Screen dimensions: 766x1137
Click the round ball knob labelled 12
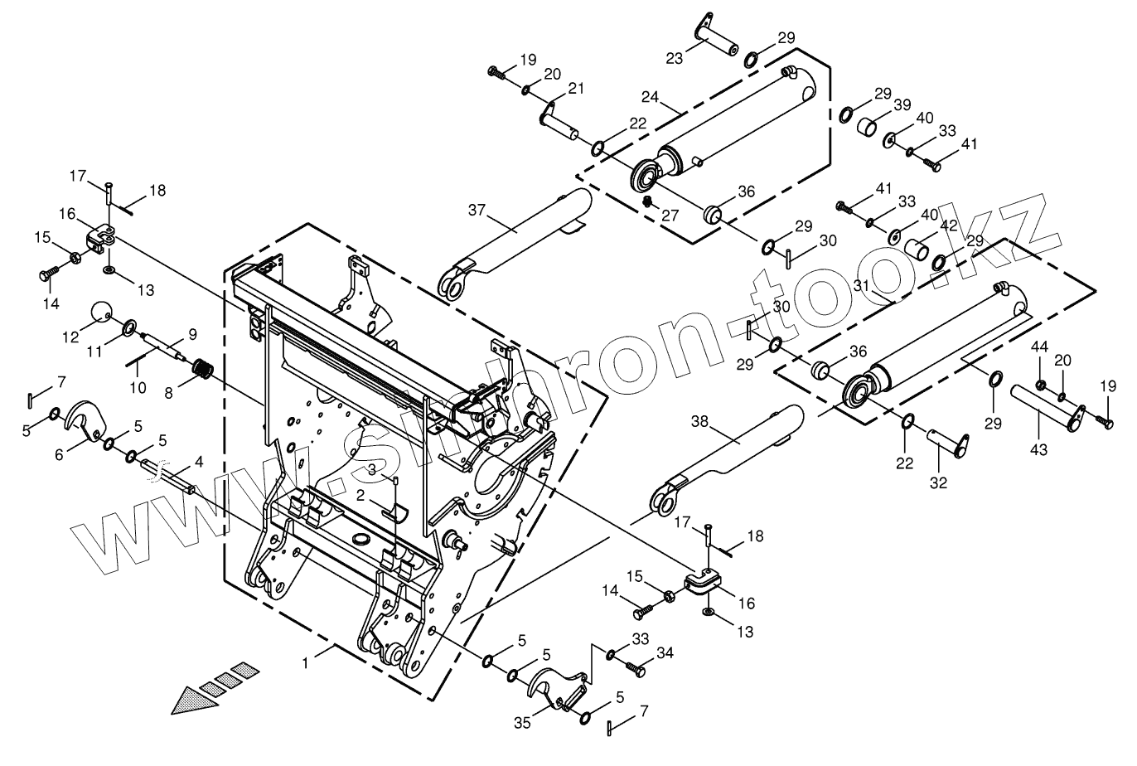click(x=102, y=313)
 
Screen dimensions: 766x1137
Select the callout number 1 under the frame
click(x=307, y=663)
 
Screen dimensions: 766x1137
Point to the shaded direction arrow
click(x=212, y=688)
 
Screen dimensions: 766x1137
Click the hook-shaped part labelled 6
click(x=85, y=419)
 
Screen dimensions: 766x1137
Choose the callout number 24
click(x=650, y=97)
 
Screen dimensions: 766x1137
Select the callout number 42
click(x=949, y=225)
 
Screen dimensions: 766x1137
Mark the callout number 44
click(x=1040, y=345)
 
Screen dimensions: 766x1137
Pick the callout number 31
click(x=861, y=284)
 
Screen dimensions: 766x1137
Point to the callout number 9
click(x=192, y=335)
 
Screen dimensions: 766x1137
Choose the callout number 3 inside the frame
click(x=373, y=469)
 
